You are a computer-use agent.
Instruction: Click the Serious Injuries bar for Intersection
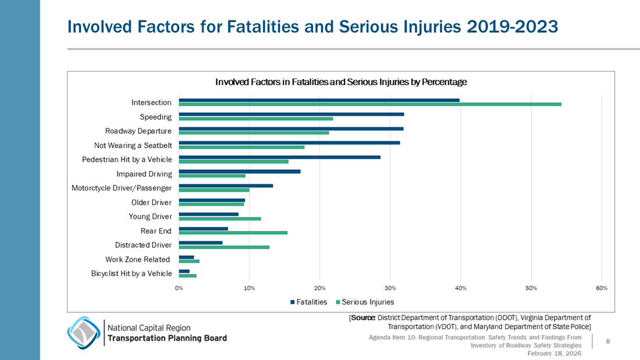[x=370, y=104]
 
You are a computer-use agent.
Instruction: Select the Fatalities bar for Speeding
[x=291, y=115]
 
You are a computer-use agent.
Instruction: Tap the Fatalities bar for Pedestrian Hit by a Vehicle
[x=279, y=157]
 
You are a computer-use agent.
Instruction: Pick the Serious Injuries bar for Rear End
[x=233, y=233]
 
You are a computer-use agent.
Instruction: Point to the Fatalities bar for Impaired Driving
[x=240, y=172]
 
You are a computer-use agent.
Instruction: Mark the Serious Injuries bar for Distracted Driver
[x=224, y=247]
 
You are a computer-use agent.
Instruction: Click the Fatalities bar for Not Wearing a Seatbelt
[x=289, y=143]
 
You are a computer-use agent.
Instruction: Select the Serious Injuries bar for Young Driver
[x=220, y=219]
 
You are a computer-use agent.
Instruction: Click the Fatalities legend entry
[x=308, y=302]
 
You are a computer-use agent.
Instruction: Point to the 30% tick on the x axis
[x=390, y=288]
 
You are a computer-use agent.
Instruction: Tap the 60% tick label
[x=602, y=288]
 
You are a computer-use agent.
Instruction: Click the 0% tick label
[x=179, y=288]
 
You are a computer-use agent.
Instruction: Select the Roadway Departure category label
[x=138, y=131]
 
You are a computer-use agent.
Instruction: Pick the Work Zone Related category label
[x=138, y=259]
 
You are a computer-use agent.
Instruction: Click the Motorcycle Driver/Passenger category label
[x=122, y=188]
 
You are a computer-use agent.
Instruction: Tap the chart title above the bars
[x=341, y=82]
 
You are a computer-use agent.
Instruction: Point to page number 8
[x=607, y=342]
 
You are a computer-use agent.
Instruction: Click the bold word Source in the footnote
[x=362, y=318]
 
